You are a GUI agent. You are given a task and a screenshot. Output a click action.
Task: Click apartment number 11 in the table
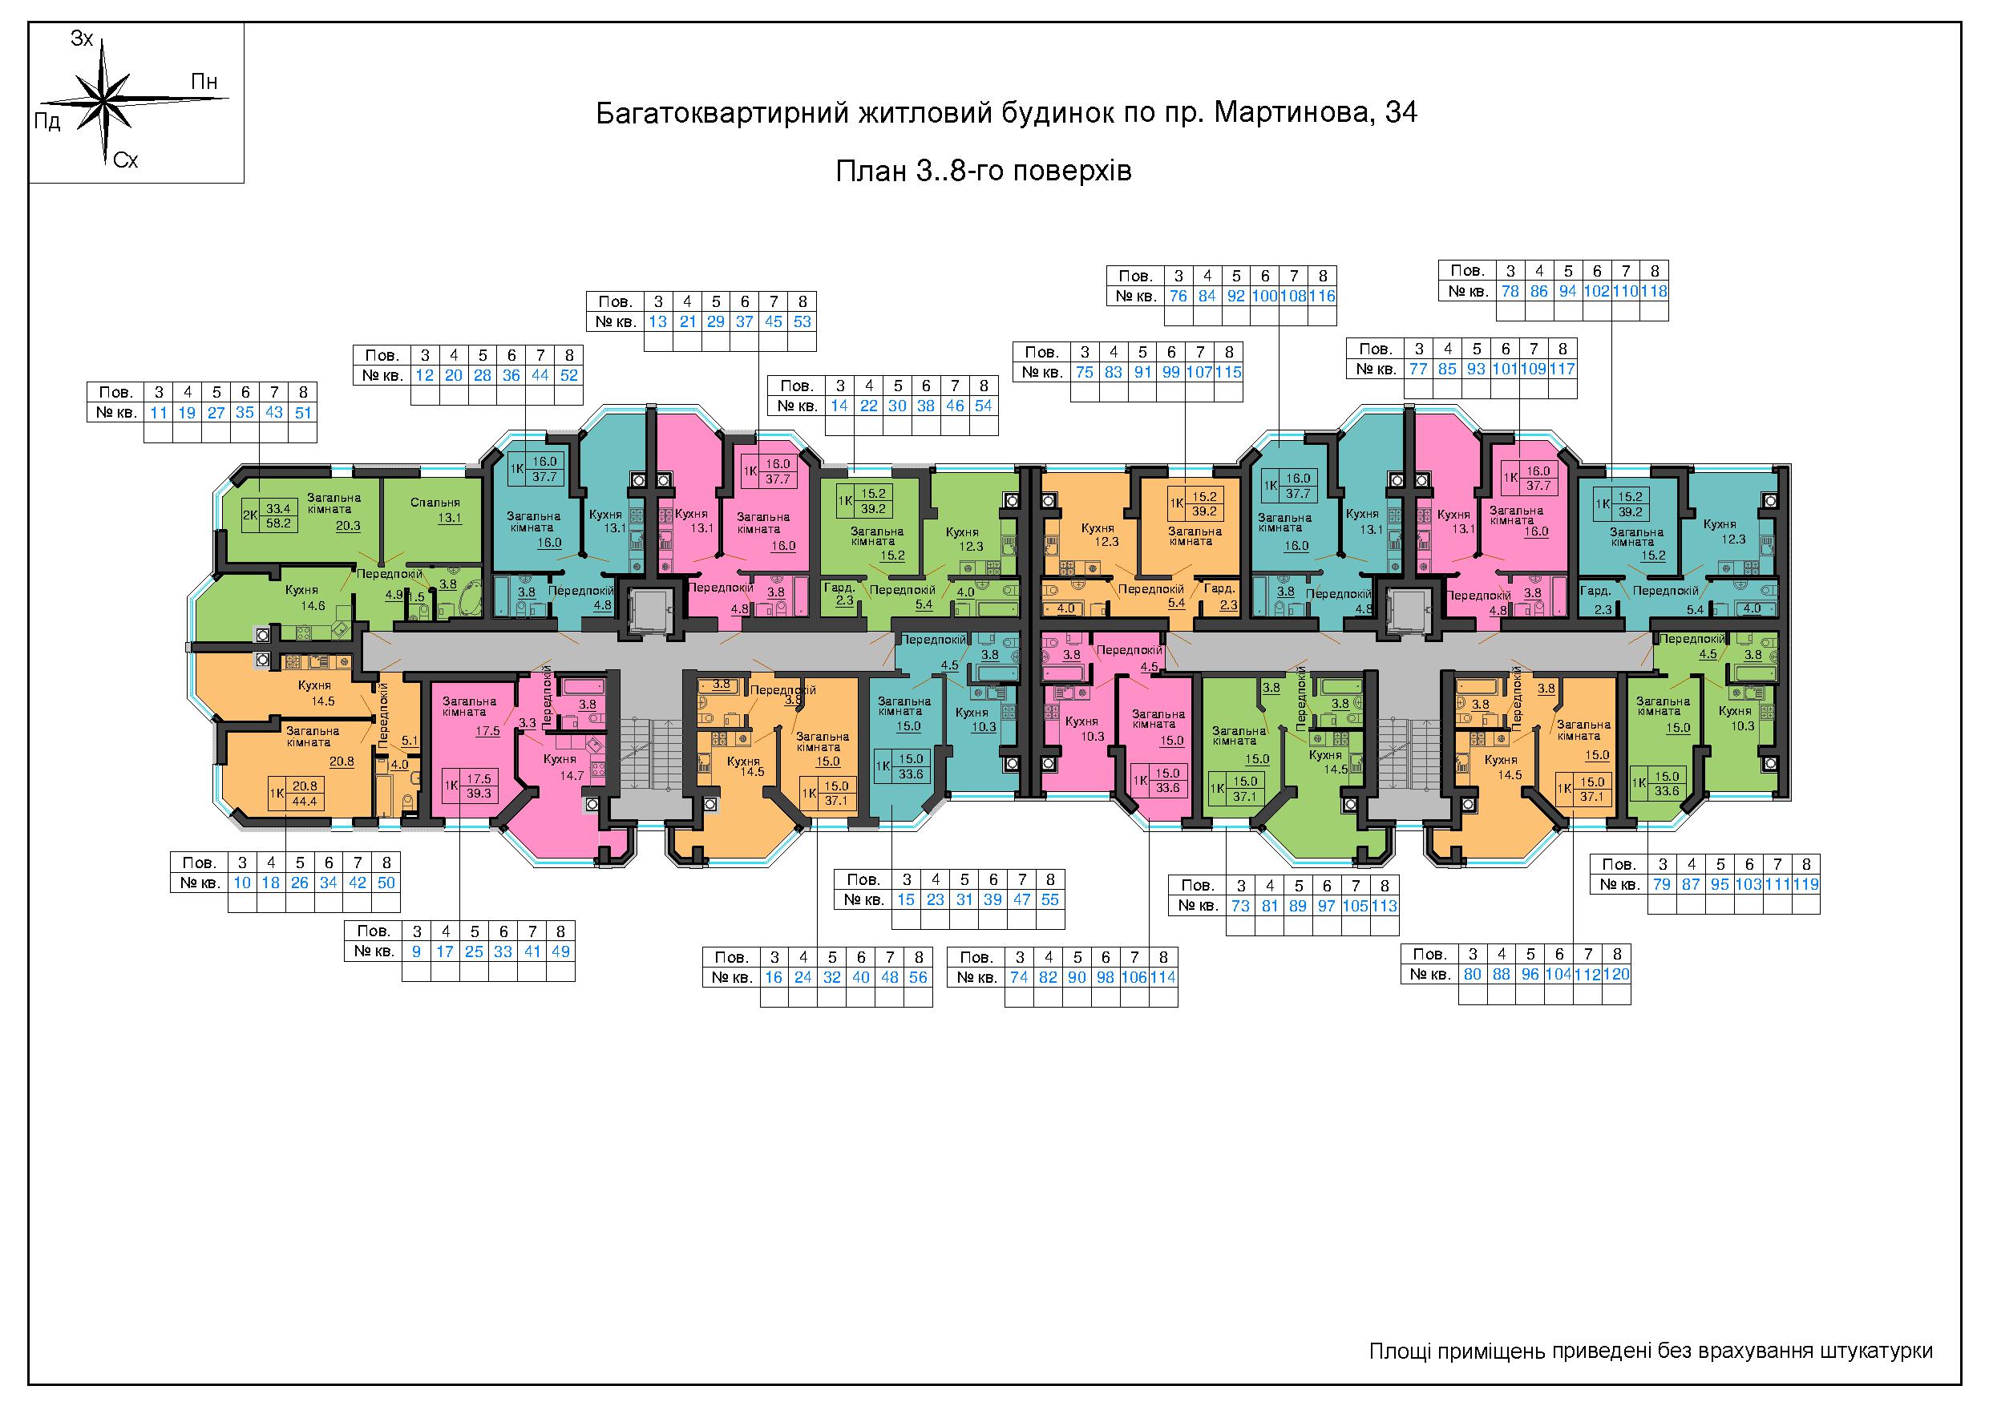tap(158, 412)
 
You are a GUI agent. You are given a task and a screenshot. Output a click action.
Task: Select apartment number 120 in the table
tap(1616, 974)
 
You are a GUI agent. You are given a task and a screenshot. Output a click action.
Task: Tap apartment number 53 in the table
tap(802, 321)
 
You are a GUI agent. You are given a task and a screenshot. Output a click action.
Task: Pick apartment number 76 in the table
tap(1178, 297)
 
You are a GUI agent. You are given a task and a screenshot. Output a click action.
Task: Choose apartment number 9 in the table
tap(417, 951)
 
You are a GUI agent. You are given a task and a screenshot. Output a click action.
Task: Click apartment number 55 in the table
tap(1050, 899)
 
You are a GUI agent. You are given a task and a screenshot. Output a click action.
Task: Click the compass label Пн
tap(204, 83)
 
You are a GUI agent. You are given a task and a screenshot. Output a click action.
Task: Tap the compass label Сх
tap(126, 160)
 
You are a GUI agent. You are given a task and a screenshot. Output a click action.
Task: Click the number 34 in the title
tap(1401, 114)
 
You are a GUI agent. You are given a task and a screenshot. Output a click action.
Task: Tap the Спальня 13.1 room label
tap(436, 511)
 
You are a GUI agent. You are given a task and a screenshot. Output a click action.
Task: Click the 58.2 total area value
tap(279, 524)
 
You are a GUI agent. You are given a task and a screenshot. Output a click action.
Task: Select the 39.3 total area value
tap(479, 793)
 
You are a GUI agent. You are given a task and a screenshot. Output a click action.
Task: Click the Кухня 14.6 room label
tap(313, 598)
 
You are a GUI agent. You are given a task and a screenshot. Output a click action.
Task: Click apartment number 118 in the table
tap(1654, 291)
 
